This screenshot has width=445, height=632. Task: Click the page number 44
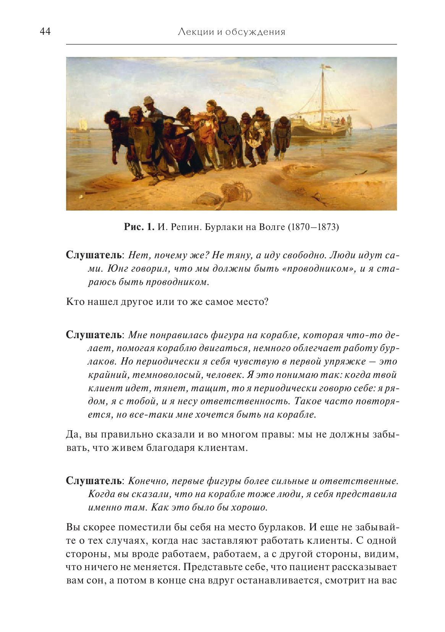45,31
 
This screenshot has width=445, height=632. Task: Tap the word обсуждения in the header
255,32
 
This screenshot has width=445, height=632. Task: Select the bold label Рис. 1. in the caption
139,227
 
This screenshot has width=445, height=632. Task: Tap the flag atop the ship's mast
327,68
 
